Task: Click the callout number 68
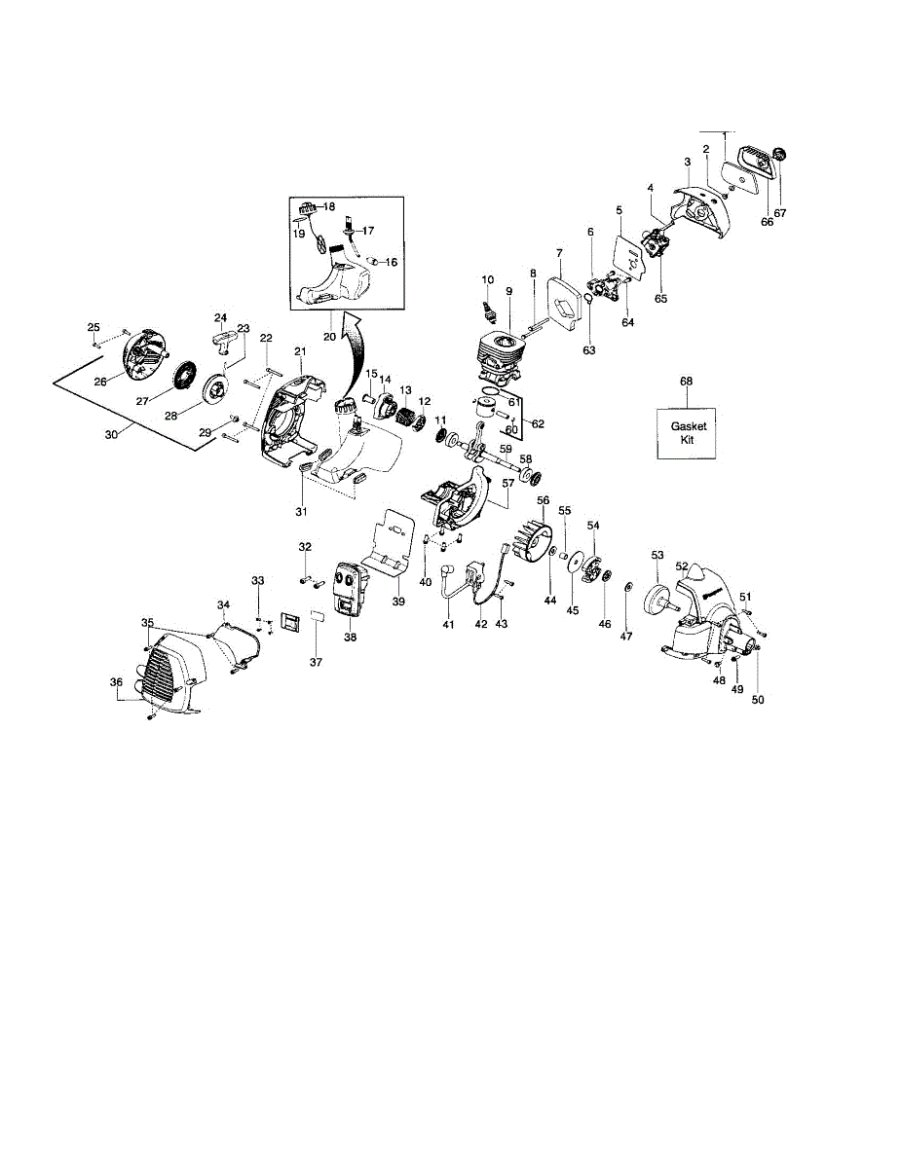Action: pos(687,381)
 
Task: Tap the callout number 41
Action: pos(448,624)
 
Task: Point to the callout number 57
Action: pos(507,482)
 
